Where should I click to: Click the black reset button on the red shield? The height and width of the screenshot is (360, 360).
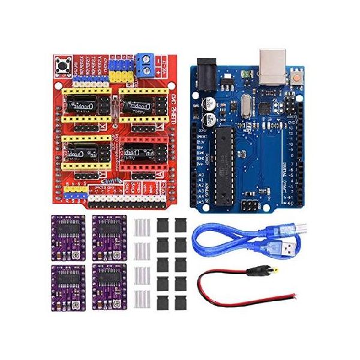click(61, 64)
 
